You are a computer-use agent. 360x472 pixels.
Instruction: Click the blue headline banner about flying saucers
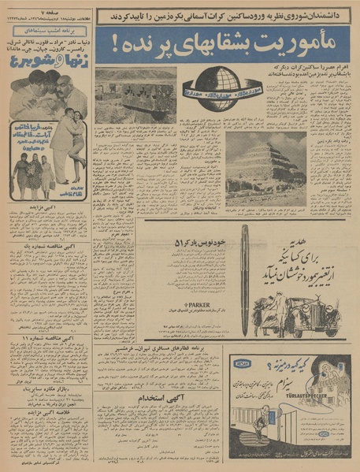(x=224, y=46)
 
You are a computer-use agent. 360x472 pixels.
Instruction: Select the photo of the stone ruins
(x=135, y=95)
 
